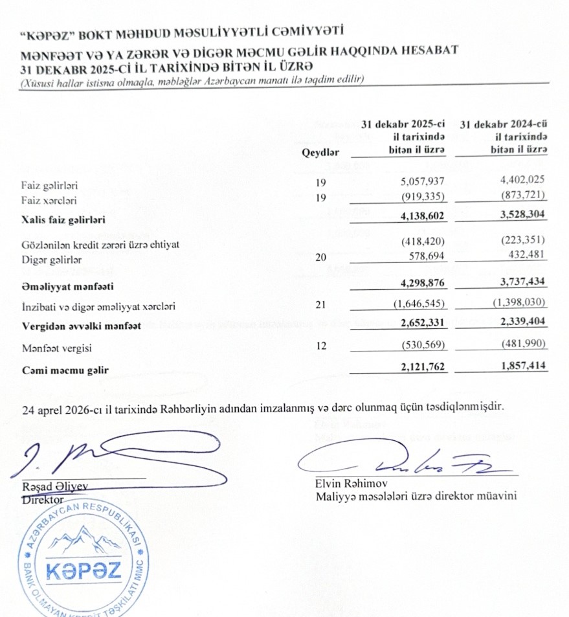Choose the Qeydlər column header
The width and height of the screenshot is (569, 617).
320,153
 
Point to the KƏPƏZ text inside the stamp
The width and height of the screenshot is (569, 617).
84,570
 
